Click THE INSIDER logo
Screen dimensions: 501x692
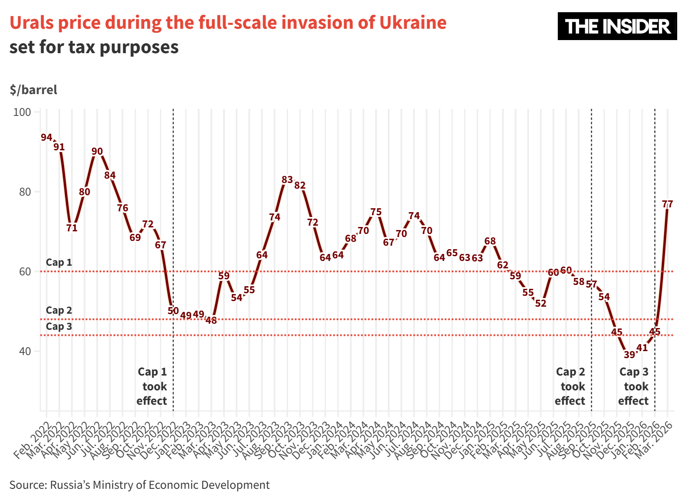(617, 26)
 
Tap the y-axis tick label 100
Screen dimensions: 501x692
(22, 112)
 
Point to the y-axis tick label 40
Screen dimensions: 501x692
(24, 351)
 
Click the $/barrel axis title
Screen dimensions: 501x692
(34, 90)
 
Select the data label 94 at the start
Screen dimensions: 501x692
(47, 138)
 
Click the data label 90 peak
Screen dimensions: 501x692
(97, 152)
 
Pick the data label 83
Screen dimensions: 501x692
(287, 179)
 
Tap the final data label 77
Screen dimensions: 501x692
(667, 204)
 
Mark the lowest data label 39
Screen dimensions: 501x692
(629, 355)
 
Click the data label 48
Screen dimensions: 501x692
(211, 320)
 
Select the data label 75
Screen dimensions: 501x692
(376, 212)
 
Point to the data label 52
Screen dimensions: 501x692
(540, 303)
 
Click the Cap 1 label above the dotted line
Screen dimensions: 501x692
(59, 262)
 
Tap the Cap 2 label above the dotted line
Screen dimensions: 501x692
(59, 310)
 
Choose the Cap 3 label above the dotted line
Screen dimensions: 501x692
(59, 326)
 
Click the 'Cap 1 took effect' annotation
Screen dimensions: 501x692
(152, 386)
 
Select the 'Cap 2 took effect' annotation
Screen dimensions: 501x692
(570, 386)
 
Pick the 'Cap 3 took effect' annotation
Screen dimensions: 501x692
(634, 386)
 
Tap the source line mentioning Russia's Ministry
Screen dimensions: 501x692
(139, 485)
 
